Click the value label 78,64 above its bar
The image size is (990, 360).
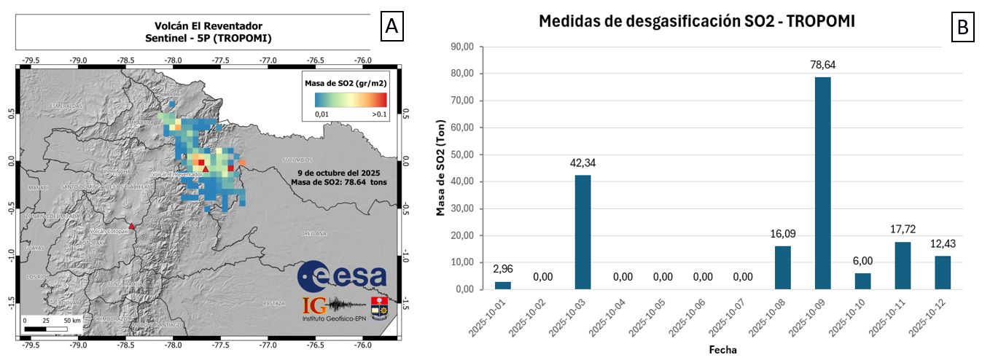[822, 65]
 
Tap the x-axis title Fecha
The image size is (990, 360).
[722, 350]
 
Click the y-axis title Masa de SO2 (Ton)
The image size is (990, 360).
[440, 168]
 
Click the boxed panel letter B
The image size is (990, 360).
[963, 28]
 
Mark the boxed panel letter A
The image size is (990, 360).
[391, 26]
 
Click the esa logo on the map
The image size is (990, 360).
[342, 275]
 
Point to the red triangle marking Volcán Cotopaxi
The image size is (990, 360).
[131, 227]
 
